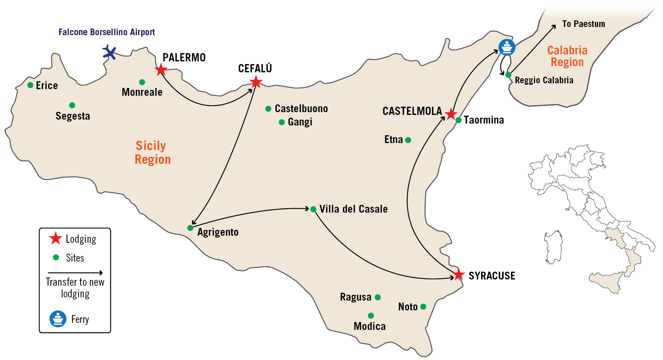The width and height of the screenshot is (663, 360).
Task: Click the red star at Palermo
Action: (161, 70)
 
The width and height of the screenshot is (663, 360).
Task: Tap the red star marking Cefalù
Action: (256, 82)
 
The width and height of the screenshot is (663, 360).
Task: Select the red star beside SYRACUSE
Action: (458, 275)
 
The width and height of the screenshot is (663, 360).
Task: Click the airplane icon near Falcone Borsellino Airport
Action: (109, 52)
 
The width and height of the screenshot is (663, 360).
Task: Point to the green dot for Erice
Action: (31, 85)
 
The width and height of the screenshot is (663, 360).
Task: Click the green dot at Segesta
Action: (72, 105)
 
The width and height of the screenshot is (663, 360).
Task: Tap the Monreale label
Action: (142, 92)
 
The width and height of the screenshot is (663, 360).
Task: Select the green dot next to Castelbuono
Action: (268, 109)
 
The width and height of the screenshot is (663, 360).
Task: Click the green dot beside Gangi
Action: (282, 122)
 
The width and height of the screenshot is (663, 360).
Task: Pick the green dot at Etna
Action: (408, 140)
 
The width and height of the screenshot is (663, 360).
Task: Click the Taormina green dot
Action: (459, 120)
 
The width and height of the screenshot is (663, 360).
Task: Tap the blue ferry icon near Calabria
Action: (507, 47)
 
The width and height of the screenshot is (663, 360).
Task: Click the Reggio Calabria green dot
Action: (508, 75)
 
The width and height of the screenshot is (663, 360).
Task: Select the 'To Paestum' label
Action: (584, 24)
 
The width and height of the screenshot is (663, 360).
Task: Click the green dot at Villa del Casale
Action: (313, 209)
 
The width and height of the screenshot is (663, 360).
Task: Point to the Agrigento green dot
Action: (190, 228)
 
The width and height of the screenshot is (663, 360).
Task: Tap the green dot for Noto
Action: (423, 307)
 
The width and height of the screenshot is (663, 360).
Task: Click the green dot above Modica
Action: (371, 315)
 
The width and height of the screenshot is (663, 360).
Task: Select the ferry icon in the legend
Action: (58, 319)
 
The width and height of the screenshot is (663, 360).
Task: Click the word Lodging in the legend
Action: (81, 239)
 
